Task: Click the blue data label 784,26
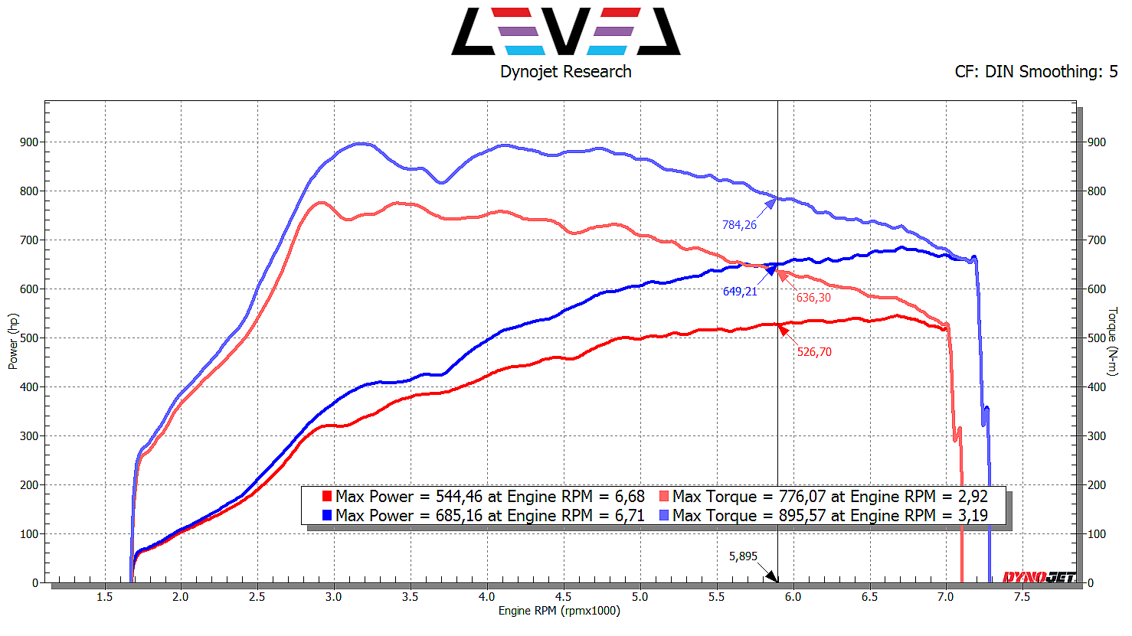pos(739,225)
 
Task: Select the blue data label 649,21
pos(740,292)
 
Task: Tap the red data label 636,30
pos(813,298)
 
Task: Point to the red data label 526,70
pos(814,352)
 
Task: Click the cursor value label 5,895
pos(743,556)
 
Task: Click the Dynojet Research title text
pos(566,72)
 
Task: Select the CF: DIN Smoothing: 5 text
pos(1035,72)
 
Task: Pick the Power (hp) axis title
pos(13,341)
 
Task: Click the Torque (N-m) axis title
pos(1112,341)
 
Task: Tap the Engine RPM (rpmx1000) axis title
pos(559,611)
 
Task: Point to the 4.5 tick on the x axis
pos(563,597)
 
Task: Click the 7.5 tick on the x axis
pos(1022,597)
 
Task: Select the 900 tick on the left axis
pos(29,142)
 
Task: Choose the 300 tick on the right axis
pos(1097,436)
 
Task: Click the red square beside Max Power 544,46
pos(327,497)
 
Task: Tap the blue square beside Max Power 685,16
pos(327,516)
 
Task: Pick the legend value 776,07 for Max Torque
pos(803,497)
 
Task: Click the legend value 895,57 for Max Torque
pos(803,516)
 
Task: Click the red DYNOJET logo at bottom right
pos(1039,577)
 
